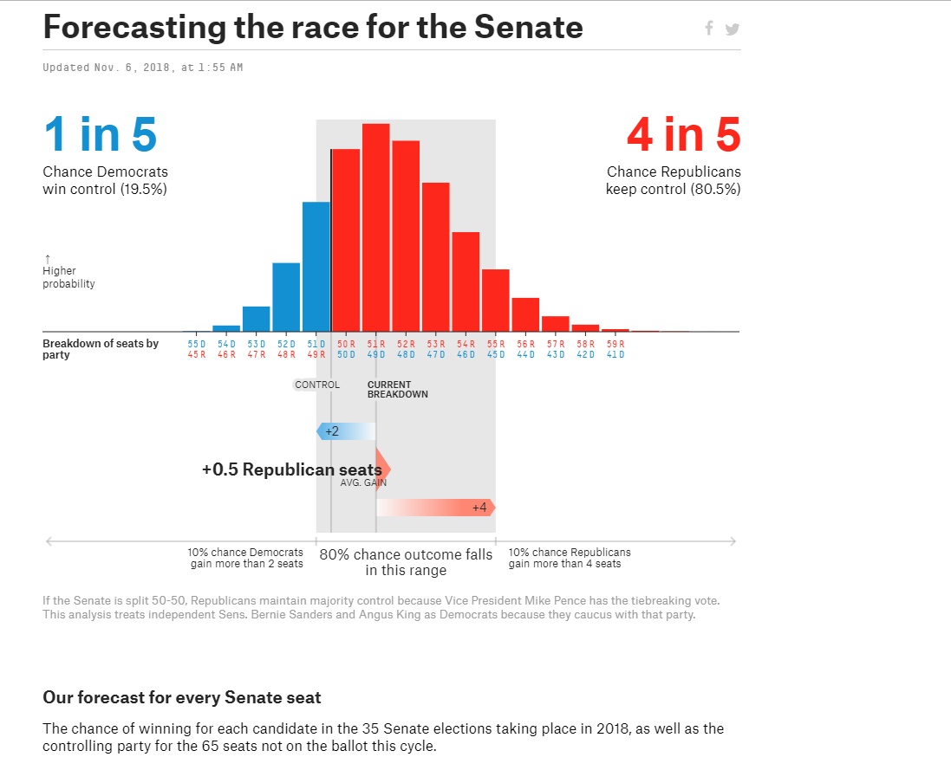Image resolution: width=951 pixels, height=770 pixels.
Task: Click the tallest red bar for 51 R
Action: (376, 227)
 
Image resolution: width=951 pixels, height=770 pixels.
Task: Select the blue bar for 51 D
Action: (316, 266)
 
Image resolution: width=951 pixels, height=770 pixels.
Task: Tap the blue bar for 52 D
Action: (286, 296)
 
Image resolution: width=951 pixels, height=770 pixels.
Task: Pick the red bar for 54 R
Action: (466, 281)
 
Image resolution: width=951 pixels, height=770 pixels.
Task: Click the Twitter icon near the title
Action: (733, 29)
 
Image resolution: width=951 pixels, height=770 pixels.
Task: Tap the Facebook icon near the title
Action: (708, 29)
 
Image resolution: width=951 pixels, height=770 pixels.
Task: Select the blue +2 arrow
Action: (345, 431)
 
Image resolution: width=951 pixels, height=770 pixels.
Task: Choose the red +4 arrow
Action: (436, 508)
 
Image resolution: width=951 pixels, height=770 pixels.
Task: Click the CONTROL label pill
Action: (317, 385)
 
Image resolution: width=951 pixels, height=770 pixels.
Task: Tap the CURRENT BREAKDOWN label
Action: (397, 390)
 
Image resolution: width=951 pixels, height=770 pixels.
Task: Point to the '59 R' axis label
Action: (616, 344)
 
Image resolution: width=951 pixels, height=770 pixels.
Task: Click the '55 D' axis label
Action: (197, 344)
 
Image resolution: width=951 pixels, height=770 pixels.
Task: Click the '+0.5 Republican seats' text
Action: (291, 469)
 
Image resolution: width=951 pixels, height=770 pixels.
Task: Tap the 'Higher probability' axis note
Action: (68, 277)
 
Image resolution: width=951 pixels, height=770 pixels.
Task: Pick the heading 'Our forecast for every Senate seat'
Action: (182, 697)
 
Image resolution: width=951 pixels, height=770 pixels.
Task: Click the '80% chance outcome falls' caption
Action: (406, 554)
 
